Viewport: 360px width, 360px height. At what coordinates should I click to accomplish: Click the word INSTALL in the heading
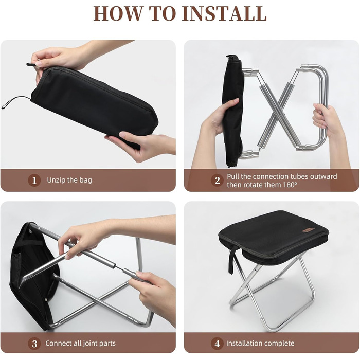pos(225,13)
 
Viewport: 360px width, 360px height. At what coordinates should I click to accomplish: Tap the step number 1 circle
pos(34,180)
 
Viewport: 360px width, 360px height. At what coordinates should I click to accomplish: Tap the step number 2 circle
pos(217,180)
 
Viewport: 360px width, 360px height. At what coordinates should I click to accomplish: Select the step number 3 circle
pos(34,344)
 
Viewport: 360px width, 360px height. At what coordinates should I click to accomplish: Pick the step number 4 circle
pos(217,344)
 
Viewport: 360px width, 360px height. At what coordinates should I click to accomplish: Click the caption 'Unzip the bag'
pos(69,180)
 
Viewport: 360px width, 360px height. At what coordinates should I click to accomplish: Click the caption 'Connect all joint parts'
pos(80,343)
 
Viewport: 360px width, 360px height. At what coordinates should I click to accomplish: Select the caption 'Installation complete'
pos(260,343)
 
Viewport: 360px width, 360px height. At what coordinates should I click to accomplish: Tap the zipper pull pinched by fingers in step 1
pos(31,65)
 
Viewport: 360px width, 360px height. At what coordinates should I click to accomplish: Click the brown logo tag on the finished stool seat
pos(305,230)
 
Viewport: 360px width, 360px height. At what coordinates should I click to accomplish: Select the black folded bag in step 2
pos(232,110)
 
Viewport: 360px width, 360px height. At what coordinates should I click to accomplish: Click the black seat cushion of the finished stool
pos(273,237)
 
